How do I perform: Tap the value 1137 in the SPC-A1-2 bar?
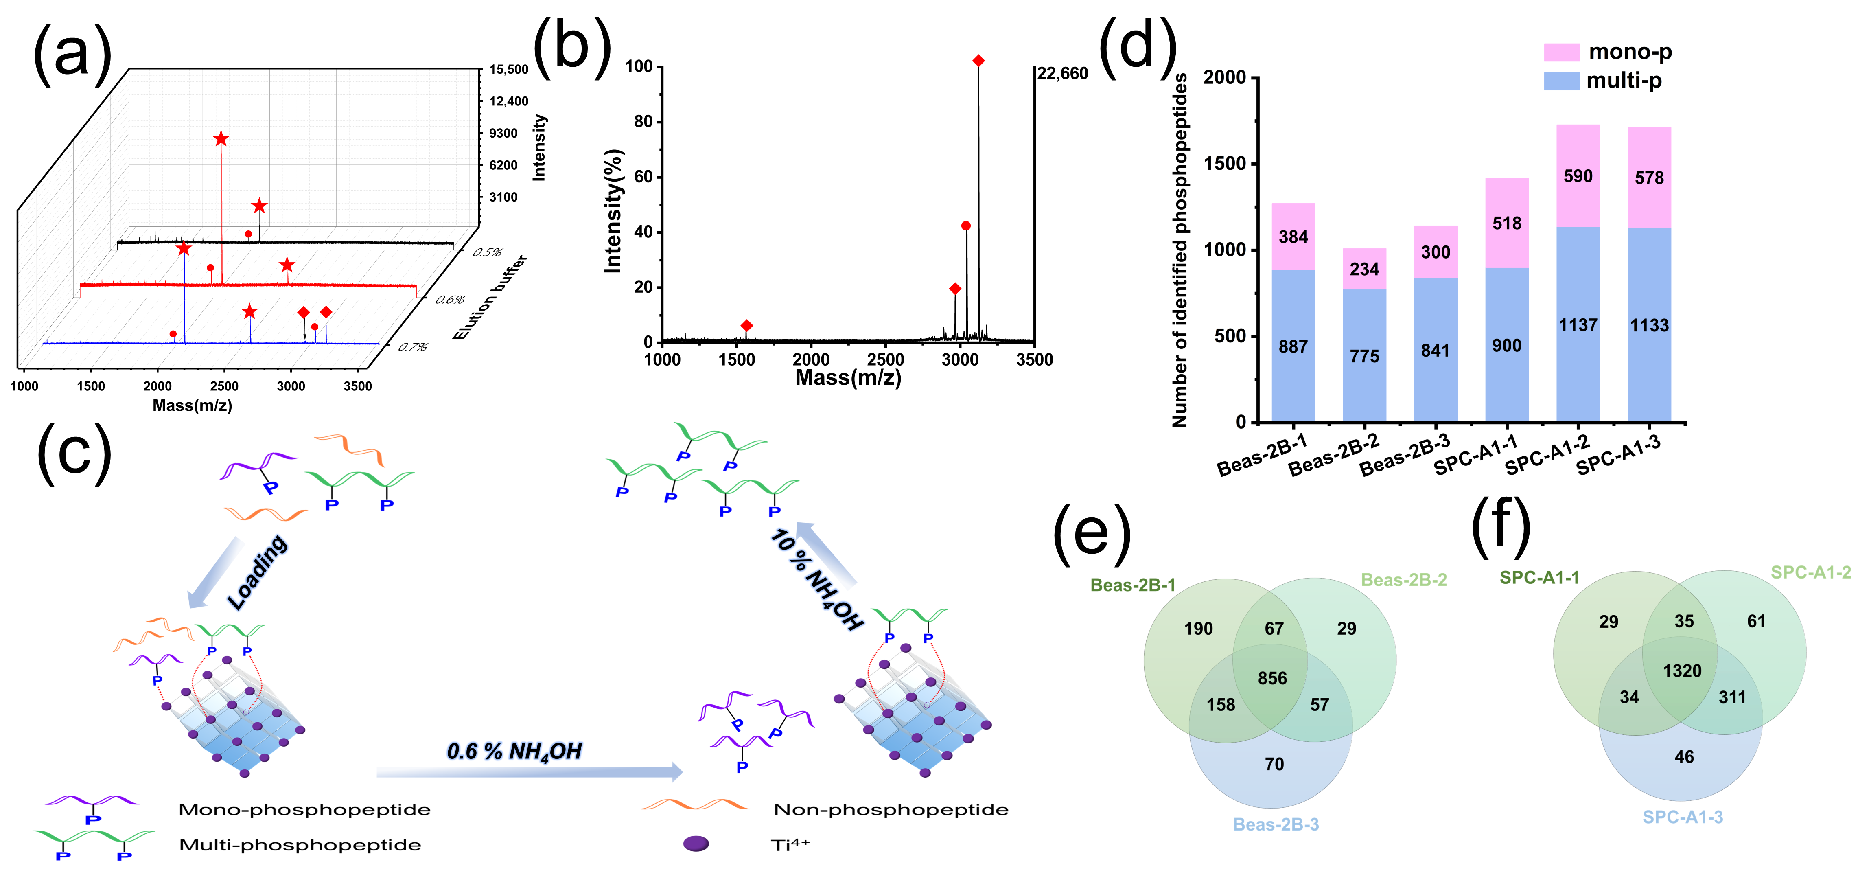(1578, 325)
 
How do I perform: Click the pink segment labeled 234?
(1364, 269)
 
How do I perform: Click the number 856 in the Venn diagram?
(1272, 678)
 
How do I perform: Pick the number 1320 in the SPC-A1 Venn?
(1682, 671)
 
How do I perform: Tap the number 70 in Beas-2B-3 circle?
(1274, 764)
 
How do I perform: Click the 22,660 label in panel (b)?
(1062, 74)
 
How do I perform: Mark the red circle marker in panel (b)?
(966, 226)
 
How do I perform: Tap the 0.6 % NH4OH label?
(514, 752)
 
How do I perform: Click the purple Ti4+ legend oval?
(696, 844)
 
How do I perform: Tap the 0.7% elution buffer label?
(413, 347)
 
